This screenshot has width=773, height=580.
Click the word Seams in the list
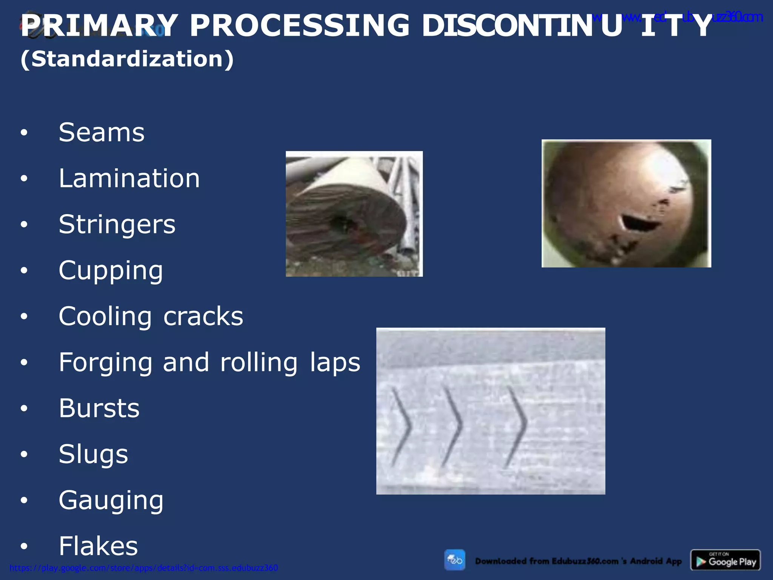tap(102, 133)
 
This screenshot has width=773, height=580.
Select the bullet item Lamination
tap(129, 179)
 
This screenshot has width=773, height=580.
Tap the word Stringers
tap(117, 224)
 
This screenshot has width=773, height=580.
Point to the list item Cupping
tap(111, 270)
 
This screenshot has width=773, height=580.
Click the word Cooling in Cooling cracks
tap(105, 316)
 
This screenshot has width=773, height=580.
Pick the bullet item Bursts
tap(99, 408)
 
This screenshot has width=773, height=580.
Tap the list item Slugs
tap(93, 454)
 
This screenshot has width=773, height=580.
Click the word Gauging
tap(111, 500)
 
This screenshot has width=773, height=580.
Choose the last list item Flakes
tap(98, 546)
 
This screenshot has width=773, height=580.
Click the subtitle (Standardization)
tap(127, 59)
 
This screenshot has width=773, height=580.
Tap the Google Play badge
tap(725, 560)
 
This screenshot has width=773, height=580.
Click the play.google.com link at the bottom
tap(143, 568)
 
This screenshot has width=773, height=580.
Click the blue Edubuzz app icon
tap(454, 560)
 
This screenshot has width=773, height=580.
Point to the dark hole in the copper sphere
tap(640, 223)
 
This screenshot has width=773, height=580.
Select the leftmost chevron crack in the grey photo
tap(402, 427)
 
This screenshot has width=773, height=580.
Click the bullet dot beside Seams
tap(24, 133)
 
